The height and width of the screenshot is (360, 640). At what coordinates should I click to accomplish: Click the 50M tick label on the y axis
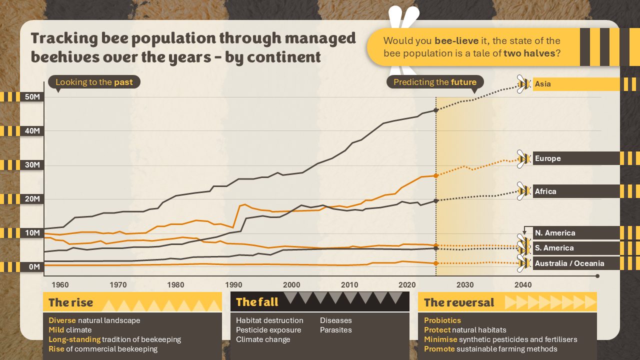(x=32, y=96)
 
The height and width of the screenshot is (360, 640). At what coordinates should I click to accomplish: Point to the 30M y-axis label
(x=32, y=165)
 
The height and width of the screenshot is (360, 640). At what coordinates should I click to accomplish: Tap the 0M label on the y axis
(x=33, y=267)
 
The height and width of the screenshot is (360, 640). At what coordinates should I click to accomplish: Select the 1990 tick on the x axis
(x=233, y=285)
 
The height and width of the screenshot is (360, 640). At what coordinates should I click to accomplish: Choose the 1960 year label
(x=60, y=285)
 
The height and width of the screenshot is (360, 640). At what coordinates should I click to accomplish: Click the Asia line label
(x=542, y=84)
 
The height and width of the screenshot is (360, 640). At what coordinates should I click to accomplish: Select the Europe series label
(x=547, y=158)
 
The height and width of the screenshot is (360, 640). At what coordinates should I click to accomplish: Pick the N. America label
(x=554, y=233)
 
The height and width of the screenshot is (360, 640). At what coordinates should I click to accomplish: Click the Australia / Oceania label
(x=569, y=263)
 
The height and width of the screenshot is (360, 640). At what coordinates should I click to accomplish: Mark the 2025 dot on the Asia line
(x=436, y=110)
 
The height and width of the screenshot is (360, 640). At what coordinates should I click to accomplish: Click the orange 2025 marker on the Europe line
(x=436, y=175)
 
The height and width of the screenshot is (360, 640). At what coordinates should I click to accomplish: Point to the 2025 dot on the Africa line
(x=436, y=200)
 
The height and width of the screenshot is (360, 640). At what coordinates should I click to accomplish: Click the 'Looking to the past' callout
(x=94, y=82)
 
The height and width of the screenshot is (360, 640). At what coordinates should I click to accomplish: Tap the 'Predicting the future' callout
(x=435, y=82)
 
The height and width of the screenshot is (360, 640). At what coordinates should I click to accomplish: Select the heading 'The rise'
(x=70, y=302)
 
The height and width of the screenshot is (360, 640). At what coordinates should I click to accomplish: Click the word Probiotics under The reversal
(x=442, y=320)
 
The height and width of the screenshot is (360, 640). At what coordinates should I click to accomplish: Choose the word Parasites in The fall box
(x=335, y=330)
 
